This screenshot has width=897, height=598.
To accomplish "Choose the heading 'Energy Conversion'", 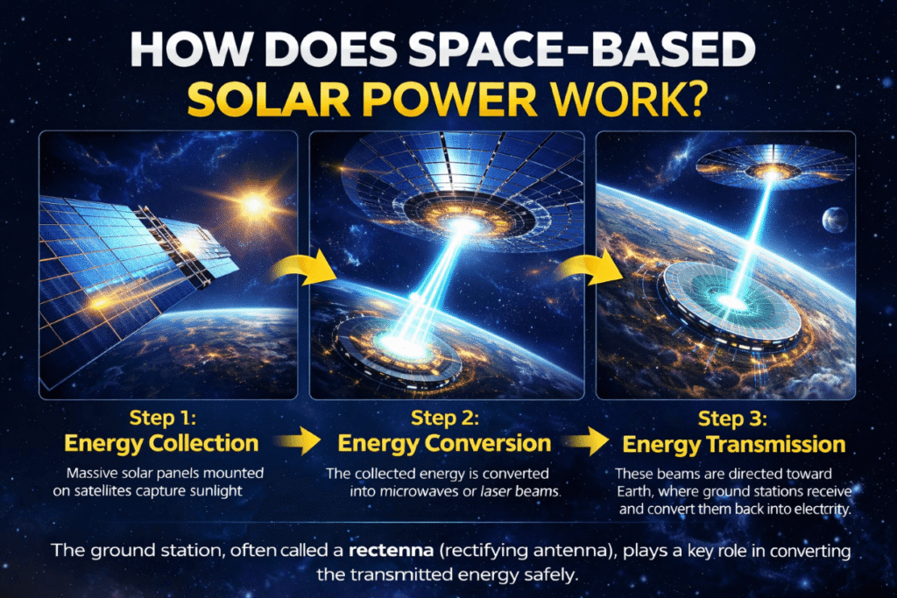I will coord(445,443).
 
